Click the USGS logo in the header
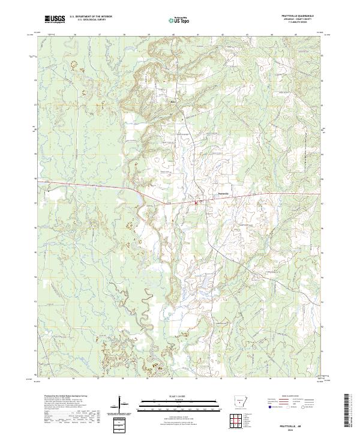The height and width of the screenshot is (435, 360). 55,19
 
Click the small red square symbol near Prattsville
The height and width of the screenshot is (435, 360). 196,204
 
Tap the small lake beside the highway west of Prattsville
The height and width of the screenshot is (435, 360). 140,196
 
